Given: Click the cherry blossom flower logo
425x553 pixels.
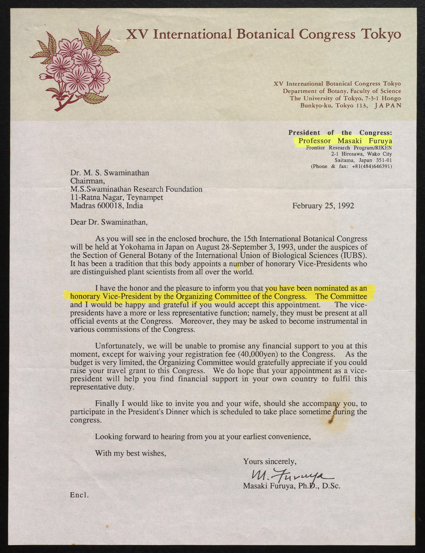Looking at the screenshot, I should pyautogui.click(x=75, y=70).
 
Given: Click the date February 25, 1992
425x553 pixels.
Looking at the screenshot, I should pyautogui.click(x=323, y=206).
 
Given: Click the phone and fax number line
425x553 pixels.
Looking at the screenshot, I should pyautogui.click(x=351, y=166).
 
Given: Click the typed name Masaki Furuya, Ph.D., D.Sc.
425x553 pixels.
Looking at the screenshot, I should pyautogui.click(x=291, y=486).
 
